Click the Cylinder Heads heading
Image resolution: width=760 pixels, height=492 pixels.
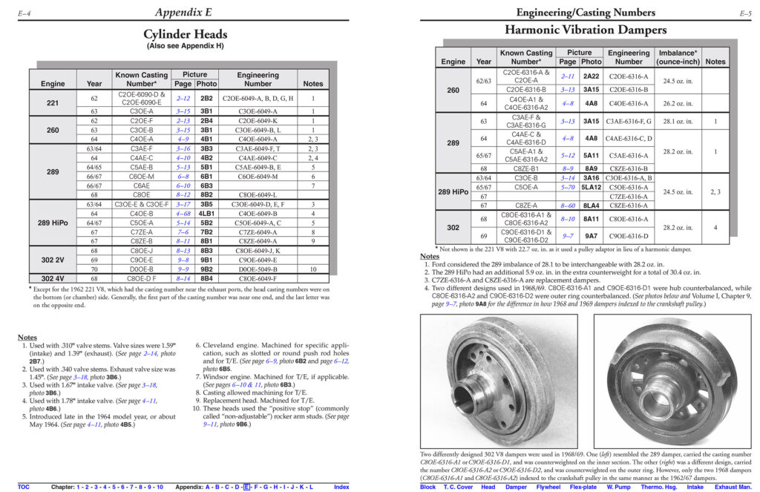185,34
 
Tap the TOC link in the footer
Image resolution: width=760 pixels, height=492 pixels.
24,487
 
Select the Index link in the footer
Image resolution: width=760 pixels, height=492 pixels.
341,487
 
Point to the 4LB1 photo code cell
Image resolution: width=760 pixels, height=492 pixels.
207,214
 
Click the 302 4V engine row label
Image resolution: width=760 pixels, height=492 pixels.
53,278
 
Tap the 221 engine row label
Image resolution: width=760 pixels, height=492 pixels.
53,102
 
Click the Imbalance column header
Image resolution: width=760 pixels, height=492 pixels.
677,57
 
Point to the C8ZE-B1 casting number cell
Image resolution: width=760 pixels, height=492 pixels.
525,169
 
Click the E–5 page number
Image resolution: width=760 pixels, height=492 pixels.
746,13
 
